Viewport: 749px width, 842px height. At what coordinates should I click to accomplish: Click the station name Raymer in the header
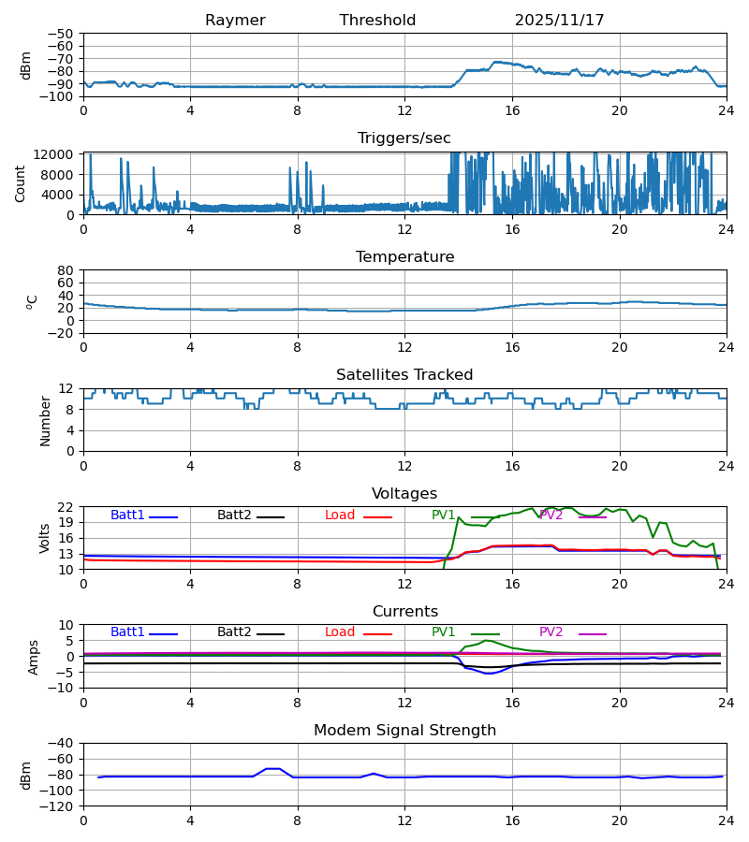click(235, 21)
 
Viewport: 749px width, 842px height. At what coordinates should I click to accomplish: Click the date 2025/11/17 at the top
click(559, 21)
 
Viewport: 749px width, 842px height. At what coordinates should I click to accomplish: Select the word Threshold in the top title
click(377, 21)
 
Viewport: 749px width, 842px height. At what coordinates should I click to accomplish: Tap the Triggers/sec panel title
click(404, 138)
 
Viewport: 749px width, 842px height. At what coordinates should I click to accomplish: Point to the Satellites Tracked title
click(404, 375)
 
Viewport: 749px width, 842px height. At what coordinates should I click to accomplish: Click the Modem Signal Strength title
click(404, 731)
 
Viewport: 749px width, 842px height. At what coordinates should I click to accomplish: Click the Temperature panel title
click(404, 257)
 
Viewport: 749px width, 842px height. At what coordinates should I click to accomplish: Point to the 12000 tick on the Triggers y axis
click(58, 154)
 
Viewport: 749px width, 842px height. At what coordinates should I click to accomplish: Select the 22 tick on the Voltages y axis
click(66, 507)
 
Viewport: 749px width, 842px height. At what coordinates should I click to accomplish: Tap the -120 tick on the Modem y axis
click(58, 806)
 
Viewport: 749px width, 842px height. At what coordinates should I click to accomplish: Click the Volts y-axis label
click(44, 538)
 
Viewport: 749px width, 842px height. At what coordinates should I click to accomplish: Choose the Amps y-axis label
click(36, 656)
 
